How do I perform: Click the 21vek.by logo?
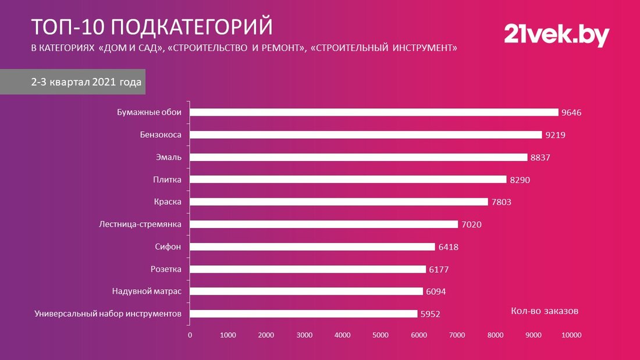[x=556, y=35]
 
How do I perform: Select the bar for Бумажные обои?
[x=374, y=112]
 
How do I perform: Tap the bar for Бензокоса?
[x=365, y=135]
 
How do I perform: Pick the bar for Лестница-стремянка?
[x=323, y=224]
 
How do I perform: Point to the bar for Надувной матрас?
[x=306, y=291]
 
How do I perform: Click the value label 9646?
[x=571, y=113]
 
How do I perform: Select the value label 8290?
[x=520, y=180]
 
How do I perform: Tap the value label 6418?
[x=448, y=247]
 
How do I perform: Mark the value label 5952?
[x=430, y=315]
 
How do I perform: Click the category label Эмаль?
[x=169, y=157]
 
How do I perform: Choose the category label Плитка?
[x=168, y=180]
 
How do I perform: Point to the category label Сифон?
[x=168, y=247]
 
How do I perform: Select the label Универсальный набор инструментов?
[x=108, y=314]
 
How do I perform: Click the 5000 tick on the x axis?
[x=381, y=336]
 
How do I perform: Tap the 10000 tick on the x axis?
[x=571, y=336]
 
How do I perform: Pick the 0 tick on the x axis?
[x=190, y=336]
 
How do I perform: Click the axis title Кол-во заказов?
[x=545, y=311]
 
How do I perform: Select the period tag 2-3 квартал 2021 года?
[x=86, y=83]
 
